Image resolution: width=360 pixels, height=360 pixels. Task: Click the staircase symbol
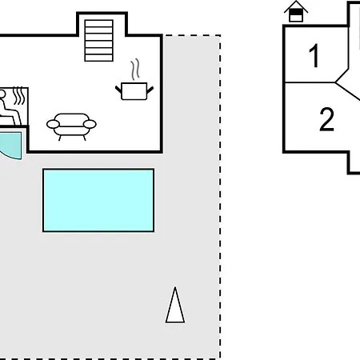click(x=99, y=41)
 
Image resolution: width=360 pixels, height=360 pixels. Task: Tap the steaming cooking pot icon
click(x=134, y=79)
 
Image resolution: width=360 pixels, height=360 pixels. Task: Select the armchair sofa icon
click(x=71, y=126)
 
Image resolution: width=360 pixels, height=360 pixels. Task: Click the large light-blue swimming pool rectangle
click(x=98, y=200)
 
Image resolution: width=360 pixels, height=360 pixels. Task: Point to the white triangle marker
click(x=175, y=306)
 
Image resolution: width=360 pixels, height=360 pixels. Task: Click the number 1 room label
click(x=314, y=55)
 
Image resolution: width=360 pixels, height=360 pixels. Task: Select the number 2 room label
click(x=326, y=119)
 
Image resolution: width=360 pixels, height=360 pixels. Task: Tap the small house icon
click(x=296, y=11)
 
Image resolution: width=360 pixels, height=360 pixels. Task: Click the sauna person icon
click(x=8, y=107)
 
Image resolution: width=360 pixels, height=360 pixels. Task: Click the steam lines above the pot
click(x=135, y=70)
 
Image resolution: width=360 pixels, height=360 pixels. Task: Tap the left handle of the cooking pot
click(x=118, y=90)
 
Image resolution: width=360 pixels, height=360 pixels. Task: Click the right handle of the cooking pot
click(x=150, y=90)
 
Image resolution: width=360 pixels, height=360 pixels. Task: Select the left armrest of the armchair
click(x=53, y=124)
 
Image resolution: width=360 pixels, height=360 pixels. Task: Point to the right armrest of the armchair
click(x=90, y=124)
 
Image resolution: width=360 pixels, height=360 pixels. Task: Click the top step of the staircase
click(x=99, y=23)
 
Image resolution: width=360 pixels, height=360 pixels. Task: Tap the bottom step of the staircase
click(x=99, y=58)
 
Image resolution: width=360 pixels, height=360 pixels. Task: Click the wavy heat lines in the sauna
click(x=19, y=95)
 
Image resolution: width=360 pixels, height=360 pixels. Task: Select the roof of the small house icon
click(x=296, y=6)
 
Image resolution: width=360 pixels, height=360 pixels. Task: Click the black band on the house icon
click(x=296, y=13)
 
